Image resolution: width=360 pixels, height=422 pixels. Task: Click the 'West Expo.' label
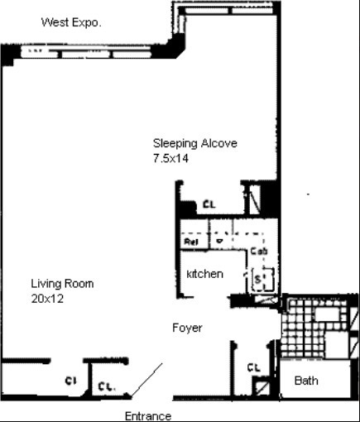pos(71,22)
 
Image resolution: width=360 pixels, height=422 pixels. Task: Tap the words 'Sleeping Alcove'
pos(194,143)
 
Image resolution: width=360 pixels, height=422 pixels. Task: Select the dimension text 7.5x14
pos(171,158)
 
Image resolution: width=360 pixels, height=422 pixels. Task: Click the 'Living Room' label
pos(62,284)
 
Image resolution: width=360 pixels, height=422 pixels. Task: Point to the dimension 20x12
pos(48,299)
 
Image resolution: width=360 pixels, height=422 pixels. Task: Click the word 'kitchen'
pos(204,273)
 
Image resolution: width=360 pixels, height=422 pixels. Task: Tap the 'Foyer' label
pos(187,328)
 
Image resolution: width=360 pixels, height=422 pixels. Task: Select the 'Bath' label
pos(306,381)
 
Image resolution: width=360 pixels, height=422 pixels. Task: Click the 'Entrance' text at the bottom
pos(147,415)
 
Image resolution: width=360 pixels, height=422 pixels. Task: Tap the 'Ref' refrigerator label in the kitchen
pos(191,242)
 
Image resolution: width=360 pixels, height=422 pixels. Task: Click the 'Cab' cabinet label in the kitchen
pos(257,250)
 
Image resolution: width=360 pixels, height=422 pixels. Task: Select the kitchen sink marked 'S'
pos(258,279)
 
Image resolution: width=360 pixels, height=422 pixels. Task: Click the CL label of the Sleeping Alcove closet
pos(209,204)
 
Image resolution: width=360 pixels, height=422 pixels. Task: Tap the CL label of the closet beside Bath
pos(253,367)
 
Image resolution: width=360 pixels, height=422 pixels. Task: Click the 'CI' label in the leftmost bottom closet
pos(71,381)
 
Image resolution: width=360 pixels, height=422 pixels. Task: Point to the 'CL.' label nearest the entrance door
pos(106,385)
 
